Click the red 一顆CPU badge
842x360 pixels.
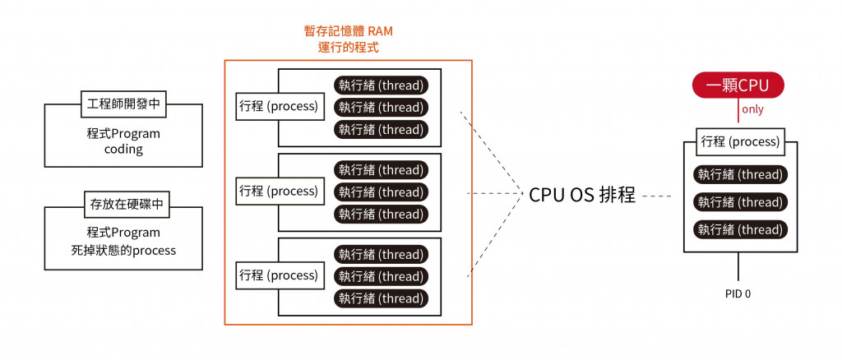[738, 85]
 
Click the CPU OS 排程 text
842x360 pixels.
[582, 195]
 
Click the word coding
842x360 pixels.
[123, 150]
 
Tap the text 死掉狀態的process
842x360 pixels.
[123, 250]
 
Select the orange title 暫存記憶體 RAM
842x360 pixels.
[348, 31]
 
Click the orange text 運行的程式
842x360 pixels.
[348, 48]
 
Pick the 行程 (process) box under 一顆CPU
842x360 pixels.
[740, 141]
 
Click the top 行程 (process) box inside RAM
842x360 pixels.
[278, 107]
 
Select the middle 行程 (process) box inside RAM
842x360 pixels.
[278, 192]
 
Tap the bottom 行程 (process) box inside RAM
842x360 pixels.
[278, 275]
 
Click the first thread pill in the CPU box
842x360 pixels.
[740, 174]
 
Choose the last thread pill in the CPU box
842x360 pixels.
[740, 230]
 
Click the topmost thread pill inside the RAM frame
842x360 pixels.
[381, 85]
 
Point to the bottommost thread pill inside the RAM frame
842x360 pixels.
[381, 298]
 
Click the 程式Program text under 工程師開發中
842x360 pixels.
[123, 134]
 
